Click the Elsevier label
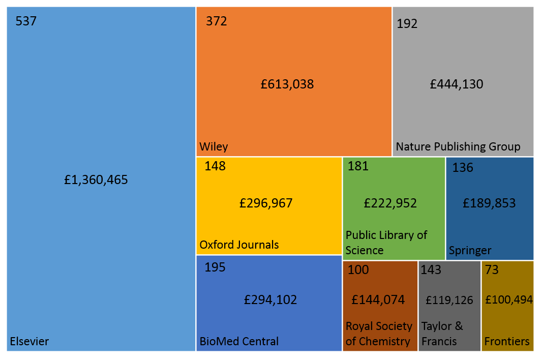(x=29, y=341)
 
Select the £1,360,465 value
(x=96, y=180)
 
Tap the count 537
(x=26, y=21)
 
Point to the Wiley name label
(x=214, y=147)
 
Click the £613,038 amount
(x=287, y=84)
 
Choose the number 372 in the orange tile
(x=216, y=21)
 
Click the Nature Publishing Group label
(x=458, y=147)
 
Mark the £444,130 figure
(x=457, y=84)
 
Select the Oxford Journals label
(x=239, y=245)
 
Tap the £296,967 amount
(x=266, y=203)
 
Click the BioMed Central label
(x=239, y=341)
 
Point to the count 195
(x=215, y=267)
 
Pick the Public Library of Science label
(x=386, y=243)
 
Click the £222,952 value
(x=390, y=203)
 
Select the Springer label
(x=470, y=250)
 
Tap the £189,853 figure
(x=489, y=203)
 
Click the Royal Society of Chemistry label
(x=378, y=334)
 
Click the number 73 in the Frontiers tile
(x=492, y=269)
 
